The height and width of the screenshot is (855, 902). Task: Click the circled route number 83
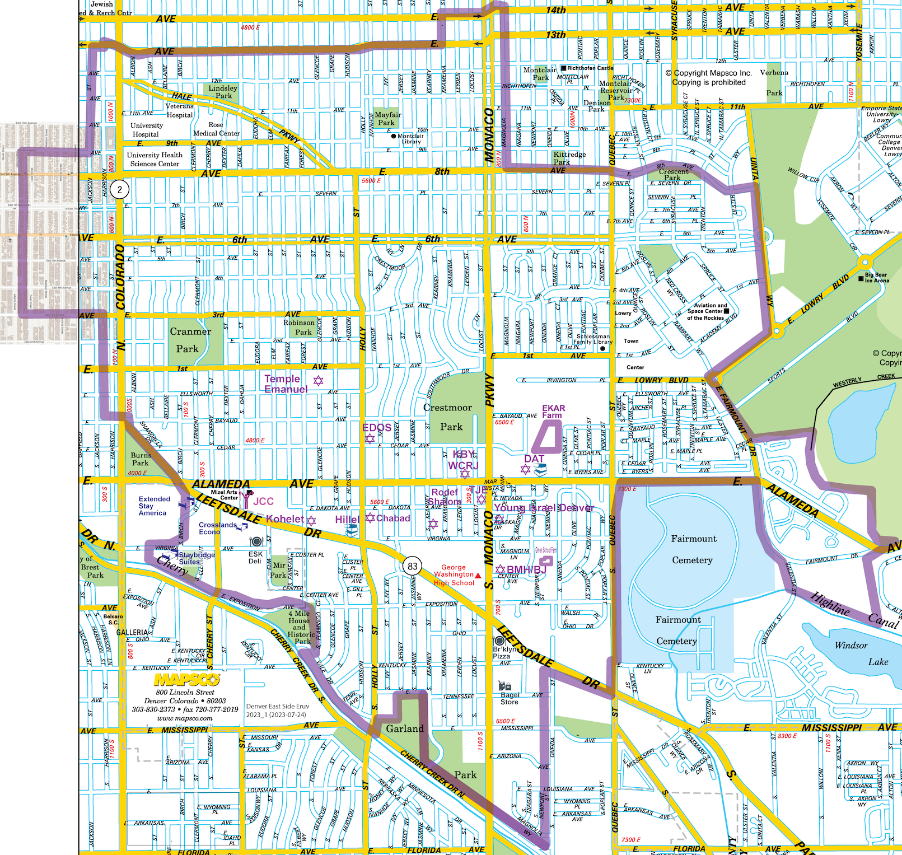413,566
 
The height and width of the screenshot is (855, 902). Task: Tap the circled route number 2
119,189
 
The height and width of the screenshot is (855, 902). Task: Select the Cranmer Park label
190,340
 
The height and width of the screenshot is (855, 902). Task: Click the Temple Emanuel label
286,384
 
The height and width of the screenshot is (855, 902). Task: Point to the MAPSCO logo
187,679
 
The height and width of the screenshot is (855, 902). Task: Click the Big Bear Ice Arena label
876,278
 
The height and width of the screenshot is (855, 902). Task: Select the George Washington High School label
454,575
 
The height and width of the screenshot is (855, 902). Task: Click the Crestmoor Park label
448,417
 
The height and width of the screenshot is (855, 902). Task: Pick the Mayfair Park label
387,118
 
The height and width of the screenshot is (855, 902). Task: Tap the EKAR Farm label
553,412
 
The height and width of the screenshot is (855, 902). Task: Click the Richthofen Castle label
590,68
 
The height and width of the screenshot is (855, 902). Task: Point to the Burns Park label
141,459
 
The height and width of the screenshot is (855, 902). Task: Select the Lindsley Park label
223,92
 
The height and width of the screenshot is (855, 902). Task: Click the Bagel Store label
509,698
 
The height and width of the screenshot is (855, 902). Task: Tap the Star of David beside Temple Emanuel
318,381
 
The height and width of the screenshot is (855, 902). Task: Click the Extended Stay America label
154,506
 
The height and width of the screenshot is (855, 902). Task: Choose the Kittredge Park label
569,158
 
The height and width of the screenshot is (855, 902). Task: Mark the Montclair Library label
410,139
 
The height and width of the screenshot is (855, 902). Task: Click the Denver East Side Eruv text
278,706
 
